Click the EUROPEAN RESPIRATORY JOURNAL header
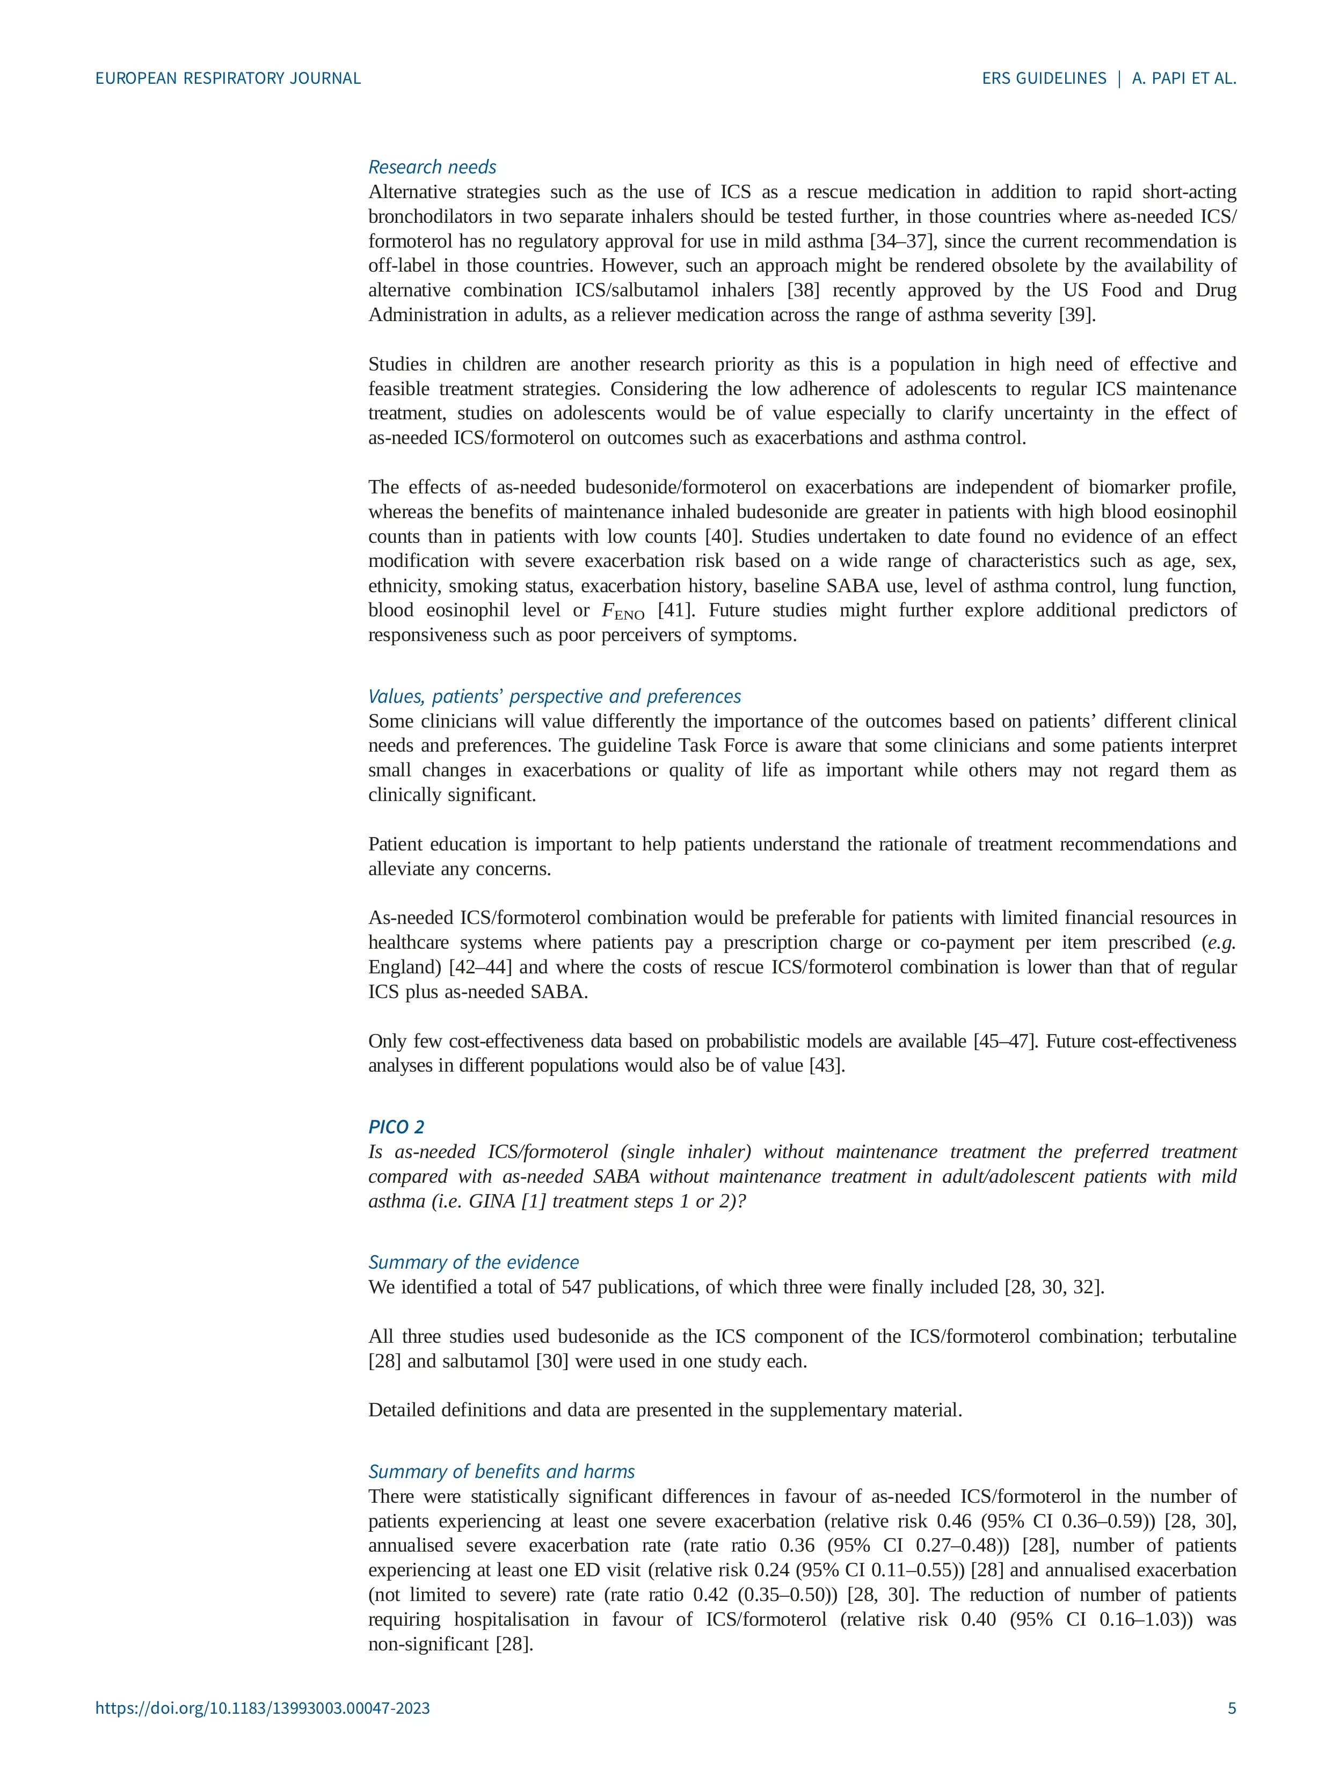coord(228,79)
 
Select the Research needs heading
coord(432,167)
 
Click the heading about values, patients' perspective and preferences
coord(554,696)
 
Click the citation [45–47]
coord(1003,1042)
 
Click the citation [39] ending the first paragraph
coord(1076,315)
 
